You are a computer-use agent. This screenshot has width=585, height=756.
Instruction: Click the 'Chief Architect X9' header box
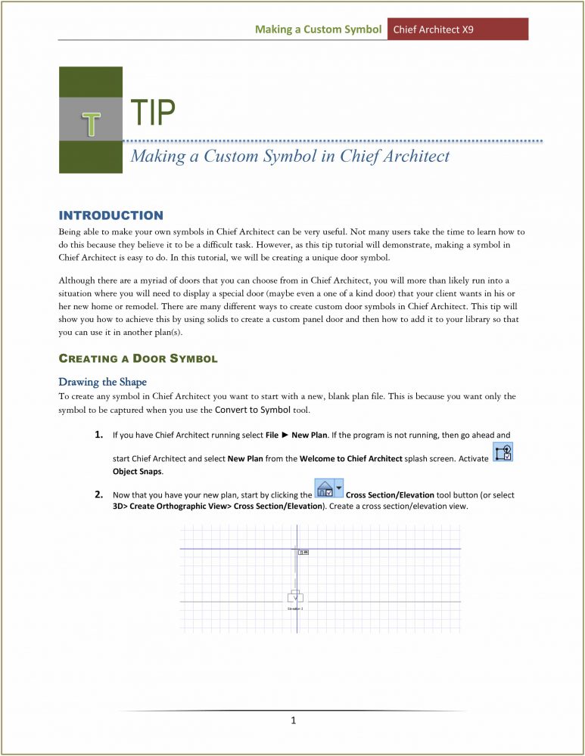tap(457, 29)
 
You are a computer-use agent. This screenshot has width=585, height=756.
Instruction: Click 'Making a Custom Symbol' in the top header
tap(317, 29)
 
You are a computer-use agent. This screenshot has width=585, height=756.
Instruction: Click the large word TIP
tap(153, 113)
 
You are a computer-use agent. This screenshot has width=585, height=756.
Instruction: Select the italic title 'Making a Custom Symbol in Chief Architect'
tap(290, 156)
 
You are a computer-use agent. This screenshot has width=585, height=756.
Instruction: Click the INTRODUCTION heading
tap(110, 215)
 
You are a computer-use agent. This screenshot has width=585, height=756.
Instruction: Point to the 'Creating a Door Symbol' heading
tap(138, 358)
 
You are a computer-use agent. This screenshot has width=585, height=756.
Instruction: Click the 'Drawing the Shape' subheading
tap(103, 381)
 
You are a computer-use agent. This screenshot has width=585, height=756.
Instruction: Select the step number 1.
tap(99, 435)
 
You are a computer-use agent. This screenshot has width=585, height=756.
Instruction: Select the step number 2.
tap(99, 495)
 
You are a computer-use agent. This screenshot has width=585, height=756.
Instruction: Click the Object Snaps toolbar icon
tap(503, 453)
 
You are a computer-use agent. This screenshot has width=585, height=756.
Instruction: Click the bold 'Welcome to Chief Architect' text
tap(351, 459)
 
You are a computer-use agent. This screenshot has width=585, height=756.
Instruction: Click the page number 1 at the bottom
tap(293, 720)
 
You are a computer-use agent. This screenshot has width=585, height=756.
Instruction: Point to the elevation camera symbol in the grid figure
tap(295, 596)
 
